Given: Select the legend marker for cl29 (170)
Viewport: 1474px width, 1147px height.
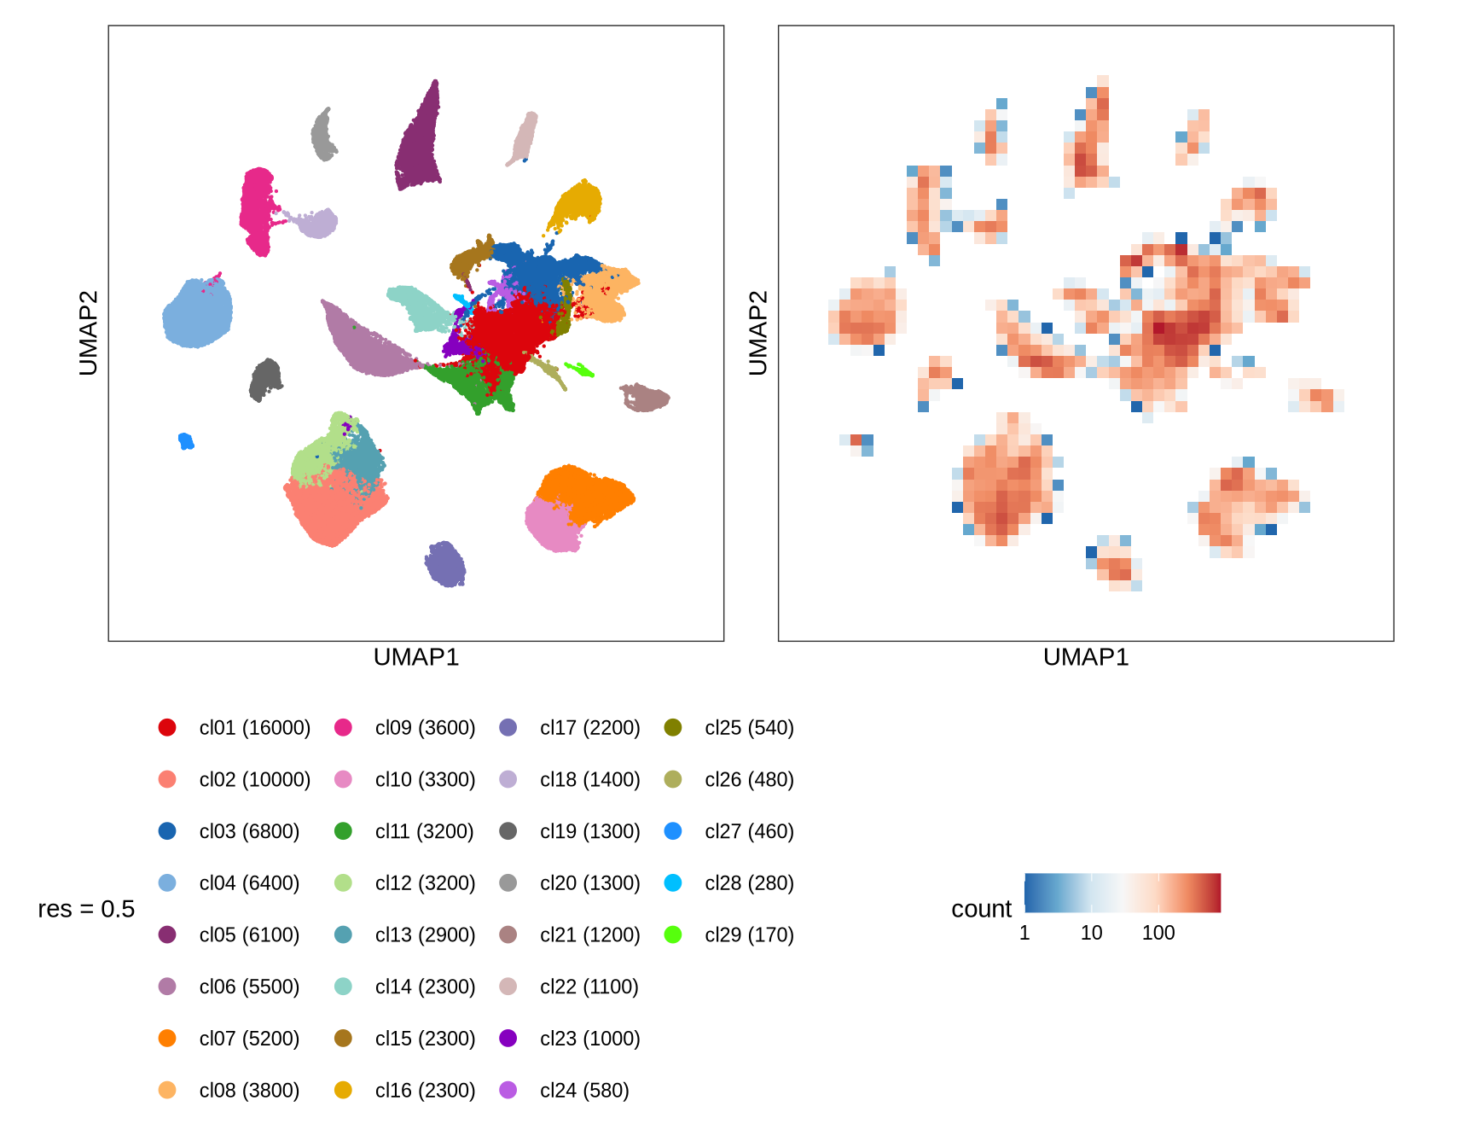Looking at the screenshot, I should [673, 934].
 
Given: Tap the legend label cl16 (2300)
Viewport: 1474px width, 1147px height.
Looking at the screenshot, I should [425, 1091].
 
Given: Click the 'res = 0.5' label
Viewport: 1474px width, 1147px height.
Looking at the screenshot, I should [86, 909].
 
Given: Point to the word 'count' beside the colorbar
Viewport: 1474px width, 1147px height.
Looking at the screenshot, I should [981, 909].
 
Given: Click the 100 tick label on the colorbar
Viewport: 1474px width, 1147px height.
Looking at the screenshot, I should [1158, 933].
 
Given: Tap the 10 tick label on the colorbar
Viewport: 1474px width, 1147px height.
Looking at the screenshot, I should [1091, 933].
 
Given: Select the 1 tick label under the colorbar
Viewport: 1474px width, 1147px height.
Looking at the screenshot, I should [1024, 933].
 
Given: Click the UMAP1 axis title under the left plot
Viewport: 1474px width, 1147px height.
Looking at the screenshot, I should [416, 657].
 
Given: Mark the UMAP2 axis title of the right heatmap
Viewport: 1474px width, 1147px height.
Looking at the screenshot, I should [758, 333].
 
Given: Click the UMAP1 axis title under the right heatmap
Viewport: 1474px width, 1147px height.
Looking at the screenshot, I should [1086, 657].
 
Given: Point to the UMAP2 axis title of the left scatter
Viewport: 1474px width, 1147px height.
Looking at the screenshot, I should [89, 333].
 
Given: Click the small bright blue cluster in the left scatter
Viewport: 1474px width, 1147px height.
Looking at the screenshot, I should [186, 441].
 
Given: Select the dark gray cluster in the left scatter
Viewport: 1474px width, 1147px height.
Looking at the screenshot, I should [265, 381].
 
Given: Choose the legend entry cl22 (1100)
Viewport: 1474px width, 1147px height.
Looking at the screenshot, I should [589, 987].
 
